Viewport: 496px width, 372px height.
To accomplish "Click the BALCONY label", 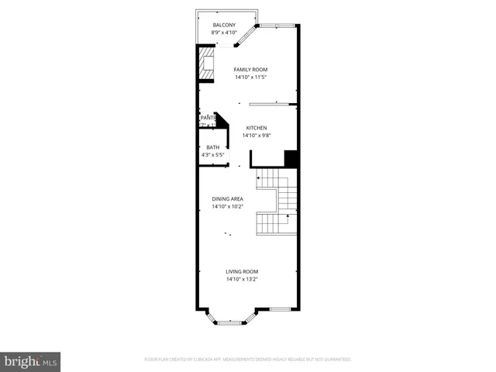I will tap(224, 26).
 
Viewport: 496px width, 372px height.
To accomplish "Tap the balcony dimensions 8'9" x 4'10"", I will tap(224, 33).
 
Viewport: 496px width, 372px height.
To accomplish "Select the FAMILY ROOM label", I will tap(250, 70).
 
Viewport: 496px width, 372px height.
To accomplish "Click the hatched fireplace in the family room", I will tap(206, 64).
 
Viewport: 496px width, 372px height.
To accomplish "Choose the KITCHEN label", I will tap(257, 128).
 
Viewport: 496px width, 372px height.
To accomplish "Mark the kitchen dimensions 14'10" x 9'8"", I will tap(257, 136).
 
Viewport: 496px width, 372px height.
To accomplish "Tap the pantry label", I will tap(206, 117).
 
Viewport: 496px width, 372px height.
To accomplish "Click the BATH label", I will tap(212, 147).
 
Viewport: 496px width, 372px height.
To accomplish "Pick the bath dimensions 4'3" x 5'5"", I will tap(212, 155).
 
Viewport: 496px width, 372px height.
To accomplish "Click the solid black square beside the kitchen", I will tap(291, 158).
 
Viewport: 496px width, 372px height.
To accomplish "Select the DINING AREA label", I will tap(228, 199).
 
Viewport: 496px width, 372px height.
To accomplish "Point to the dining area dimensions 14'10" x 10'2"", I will tap(228, 207).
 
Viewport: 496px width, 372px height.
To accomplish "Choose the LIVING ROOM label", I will tap(242, 271).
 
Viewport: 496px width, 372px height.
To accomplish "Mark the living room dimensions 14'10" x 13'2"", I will tap(242, 279).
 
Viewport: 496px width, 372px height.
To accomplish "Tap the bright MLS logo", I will tap(31, 362).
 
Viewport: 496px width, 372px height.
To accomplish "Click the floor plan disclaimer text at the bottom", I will tap(248, 360).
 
